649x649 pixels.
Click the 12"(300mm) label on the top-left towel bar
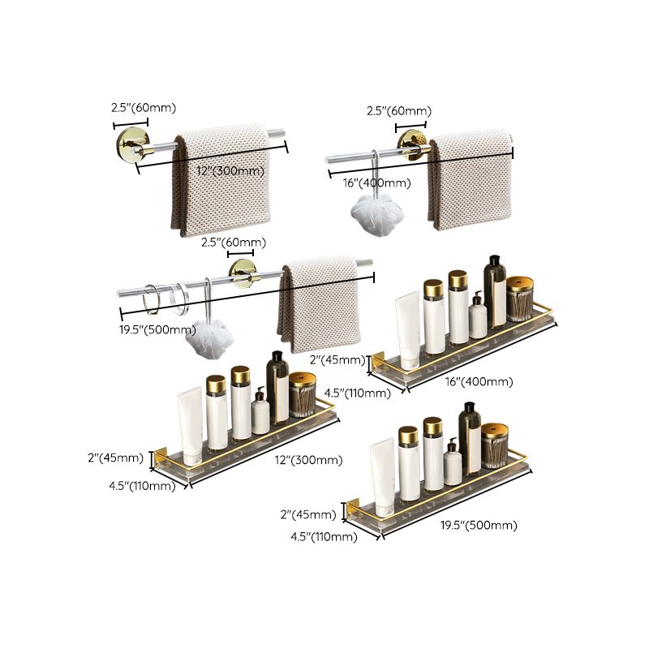[x=230, y=171]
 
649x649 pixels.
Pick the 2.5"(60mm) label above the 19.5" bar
[x=234, y=243]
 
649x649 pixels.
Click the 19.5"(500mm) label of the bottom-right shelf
[x=479, y=525]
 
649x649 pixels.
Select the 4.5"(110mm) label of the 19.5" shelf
[x=323, y=537]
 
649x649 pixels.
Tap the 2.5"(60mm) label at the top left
[x=144, y=108]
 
